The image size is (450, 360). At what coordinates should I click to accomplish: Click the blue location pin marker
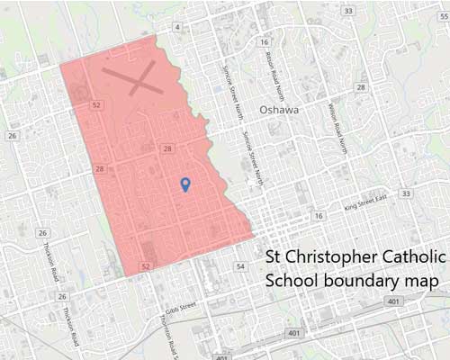185,184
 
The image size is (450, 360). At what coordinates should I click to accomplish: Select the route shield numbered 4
177,28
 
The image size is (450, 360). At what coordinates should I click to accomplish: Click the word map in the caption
420,281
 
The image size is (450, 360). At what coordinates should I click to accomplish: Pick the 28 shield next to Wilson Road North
361,87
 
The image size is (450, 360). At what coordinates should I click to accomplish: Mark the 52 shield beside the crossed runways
95,105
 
